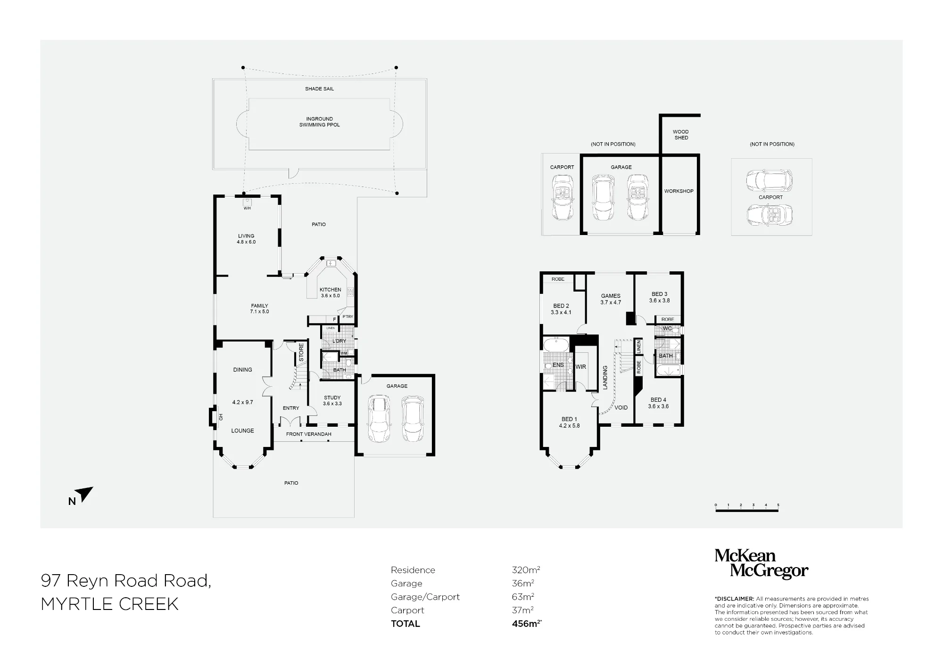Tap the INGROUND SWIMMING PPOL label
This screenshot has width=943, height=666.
coord(319,122)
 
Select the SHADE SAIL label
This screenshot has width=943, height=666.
coord(319,89)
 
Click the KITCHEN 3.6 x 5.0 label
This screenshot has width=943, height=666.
coord(330,292)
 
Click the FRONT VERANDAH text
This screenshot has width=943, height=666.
coord(309,434)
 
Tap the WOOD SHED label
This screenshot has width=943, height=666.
coord(681,135)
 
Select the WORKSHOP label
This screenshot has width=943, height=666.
coord(679,191)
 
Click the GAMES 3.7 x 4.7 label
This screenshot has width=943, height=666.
coord(611,299)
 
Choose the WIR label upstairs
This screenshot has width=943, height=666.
coord(581,367)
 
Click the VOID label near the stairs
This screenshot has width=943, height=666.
coord(621,408)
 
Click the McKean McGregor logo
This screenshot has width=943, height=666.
coord(761,564)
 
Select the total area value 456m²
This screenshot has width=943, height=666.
coord(527,624)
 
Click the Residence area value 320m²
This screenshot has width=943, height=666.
coord(526,570)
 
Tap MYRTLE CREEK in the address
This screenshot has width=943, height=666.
coord(110,604)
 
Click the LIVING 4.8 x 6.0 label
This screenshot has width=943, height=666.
coord(246,239)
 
